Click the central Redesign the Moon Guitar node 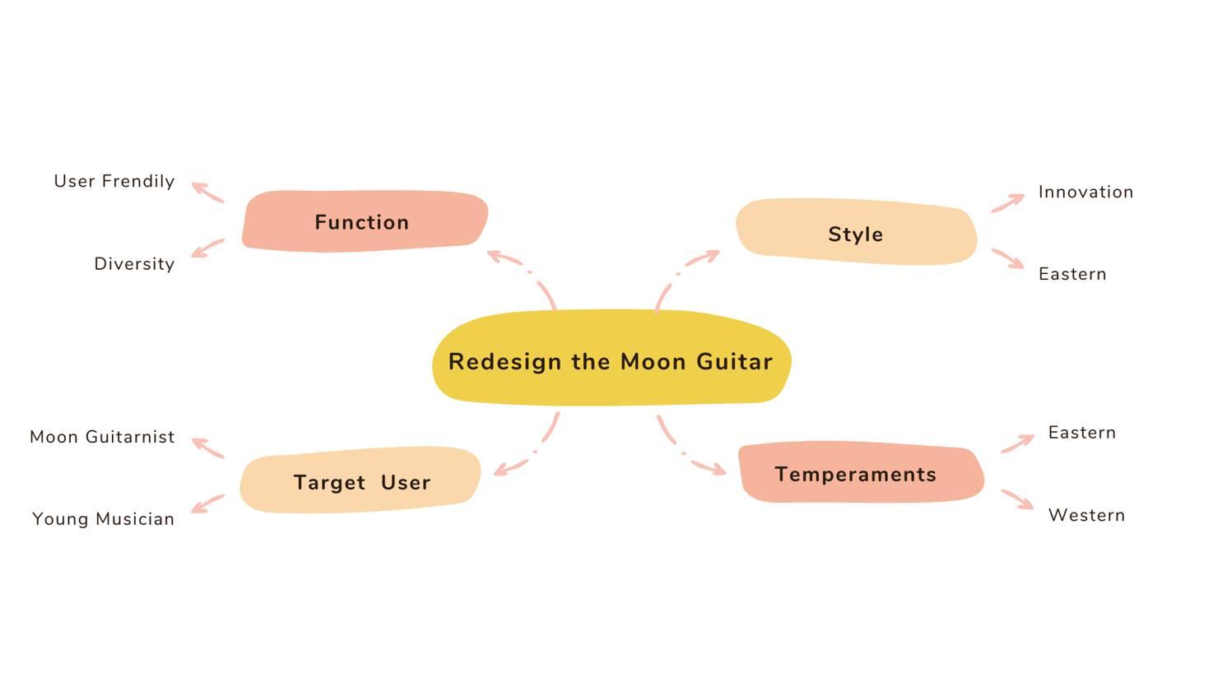coord(611,360)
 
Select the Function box coord(363,221)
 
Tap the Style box coord(856,234)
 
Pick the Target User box coord(361,481)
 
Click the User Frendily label coord(114,181)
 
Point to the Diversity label coord(134,264)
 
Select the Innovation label coord(1085,192)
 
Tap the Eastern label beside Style coord(1072,274)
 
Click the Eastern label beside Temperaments coord(1081,433)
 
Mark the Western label coord(1086,515)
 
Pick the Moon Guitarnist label coord(102,437)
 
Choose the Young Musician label coord(103,519)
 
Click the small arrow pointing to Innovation coord(1008,202)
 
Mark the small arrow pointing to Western coord(1017,499)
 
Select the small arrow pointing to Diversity coord(207,248)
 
